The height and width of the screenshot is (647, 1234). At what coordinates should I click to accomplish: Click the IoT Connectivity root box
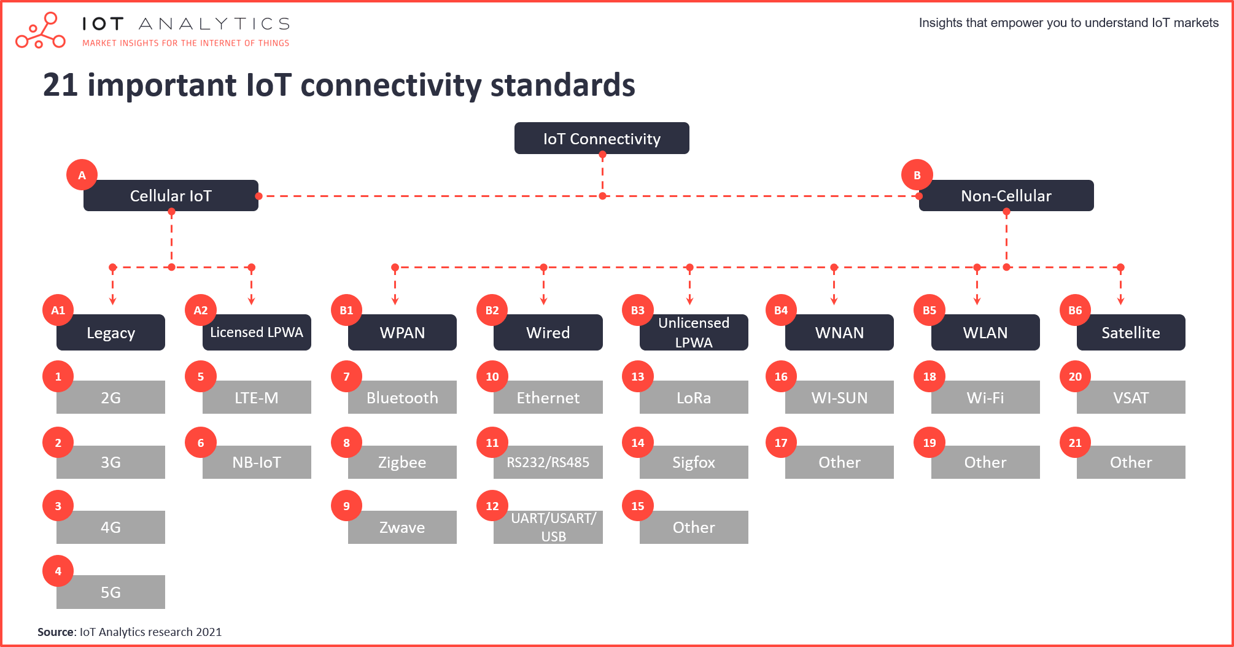tap(602, 138)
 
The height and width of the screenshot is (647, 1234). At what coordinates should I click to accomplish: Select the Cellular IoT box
tap(171, 195)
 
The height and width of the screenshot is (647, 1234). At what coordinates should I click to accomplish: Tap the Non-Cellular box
tap(1006, 195)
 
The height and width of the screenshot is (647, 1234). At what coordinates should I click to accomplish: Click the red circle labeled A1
tap(58, 310)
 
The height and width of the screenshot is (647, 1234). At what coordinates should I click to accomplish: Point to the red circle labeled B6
tap(1075, 310)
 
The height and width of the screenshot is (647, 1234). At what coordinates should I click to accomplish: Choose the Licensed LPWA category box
tap(257, 332)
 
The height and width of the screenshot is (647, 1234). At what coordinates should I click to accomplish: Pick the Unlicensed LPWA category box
tap(694, 332)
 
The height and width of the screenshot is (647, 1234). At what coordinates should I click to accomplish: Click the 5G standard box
tap(111, 592)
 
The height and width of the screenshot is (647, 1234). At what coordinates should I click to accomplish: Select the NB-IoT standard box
tap(257, 462)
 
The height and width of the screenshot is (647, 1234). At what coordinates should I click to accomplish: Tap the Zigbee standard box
tap(402, 462)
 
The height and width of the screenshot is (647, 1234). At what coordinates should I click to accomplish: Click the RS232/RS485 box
tap(548, 462)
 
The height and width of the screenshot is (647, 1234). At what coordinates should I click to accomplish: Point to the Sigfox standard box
tap(694, 462)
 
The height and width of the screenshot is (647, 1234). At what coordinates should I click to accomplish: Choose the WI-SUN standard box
tap(839, 397)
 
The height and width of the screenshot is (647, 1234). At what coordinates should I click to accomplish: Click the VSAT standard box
tap(1131, 397)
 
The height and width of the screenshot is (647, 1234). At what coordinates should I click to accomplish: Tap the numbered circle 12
tap(492, 506)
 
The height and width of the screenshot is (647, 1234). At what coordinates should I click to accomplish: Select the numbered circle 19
tap(929, 443)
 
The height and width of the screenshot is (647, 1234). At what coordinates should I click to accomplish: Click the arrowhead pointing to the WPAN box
tap(395, 300)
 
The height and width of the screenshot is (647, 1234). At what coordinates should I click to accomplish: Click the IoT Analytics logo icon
tap(41, 30)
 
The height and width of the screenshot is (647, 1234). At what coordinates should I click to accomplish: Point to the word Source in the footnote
tap(56, 632)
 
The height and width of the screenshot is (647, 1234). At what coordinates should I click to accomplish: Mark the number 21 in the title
tap(60, 85)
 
